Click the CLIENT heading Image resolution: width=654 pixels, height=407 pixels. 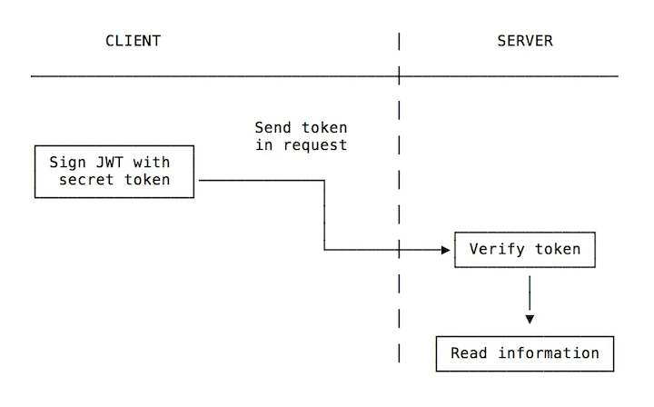(x=134, y=41)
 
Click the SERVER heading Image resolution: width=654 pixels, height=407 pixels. (x=525, y=41)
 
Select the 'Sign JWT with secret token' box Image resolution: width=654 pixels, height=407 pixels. (x=114, y=171)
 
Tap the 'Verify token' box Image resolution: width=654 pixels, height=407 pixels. (x=525, y=249)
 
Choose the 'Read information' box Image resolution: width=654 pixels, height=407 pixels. (x=525, y=353)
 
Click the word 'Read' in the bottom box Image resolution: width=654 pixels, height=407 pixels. (x=470, y=353)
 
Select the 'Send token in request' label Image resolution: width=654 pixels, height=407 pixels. (x=301, y=136)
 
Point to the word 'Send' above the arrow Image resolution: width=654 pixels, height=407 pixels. (x=272, y=127)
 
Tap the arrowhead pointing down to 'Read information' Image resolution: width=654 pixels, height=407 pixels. (x=530, y=319)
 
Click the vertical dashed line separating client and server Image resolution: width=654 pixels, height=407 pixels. (x=399, y=200)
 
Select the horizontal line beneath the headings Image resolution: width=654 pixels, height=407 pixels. (x=227, y=76)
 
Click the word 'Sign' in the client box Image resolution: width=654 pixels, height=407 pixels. (x=67, y=162)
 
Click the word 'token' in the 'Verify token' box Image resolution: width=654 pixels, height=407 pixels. (x=558, y=249)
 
